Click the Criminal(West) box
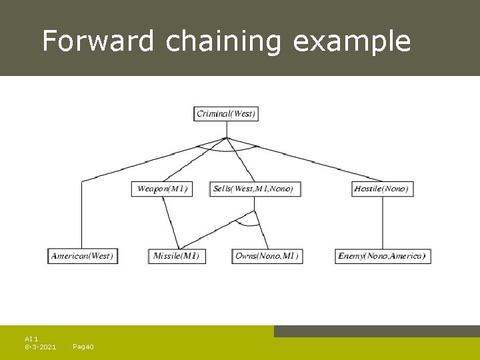point(226,113)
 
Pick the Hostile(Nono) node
point(382,189)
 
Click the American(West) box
point(83,256)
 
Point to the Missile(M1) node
point(176,256)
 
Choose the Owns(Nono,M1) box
point(267,256)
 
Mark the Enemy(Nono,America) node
point(381,256)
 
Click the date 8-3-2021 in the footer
point(40,347)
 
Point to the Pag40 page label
point(83,347)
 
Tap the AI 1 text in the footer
point(31,339)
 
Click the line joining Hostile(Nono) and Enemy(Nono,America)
point(382,223)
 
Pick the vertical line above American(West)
point(81,217)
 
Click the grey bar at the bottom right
point(377,331)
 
